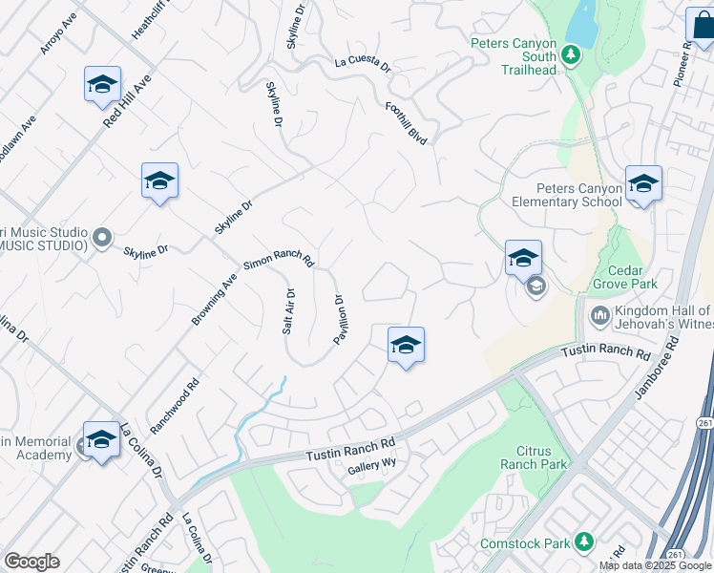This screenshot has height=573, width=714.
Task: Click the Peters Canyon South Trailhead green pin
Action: click(x=572, y=54)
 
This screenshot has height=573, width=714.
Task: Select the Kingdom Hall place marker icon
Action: click(x=600, y=315)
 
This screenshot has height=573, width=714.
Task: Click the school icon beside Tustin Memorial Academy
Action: click(x=101, y=439)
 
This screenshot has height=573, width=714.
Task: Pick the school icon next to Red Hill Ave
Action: click(x=102, y=85)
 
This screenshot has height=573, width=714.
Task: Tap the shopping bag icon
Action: click(x=702, y=26)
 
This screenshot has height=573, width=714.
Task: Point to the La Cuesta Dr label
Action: click(x=363, y=64)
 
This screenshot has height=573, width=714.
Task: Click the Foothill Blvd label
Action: click(x=406, y=123)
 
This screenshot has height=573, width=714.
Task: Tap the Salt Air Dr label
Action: click(x=288, y=311)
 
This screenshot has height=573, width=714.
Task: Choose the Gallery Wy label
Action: click(x=371, y=465)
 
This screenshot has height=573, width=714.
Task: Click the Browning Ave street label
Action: click(x=214, y=300)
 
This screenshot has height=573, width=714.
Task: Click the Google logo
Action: click(x=31, y=562)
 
